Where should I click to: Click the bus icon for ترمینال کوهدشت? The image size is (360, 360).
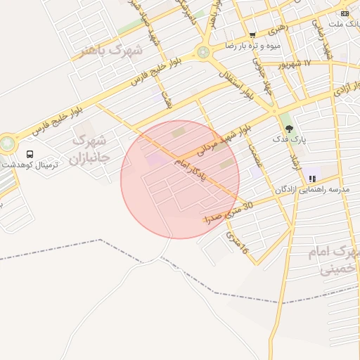point(30,154)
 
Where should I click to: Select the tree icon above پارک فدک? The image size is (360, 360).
point(289,129)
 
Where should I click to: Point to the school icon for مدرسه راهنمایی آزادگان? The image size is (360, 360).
point(312,179)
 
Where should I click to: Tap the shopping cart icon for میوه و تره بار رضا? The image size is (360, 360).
point(252,35)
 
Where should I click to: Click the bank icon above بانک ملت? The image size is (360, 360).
point(345,13)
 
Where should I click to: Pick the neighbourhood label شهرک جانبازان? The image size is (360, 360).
point(89,149)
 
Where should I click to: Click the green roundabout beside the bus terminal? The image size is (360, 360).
point(7,143)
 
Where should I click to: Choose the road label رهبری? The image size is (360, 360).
point(277,29)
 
